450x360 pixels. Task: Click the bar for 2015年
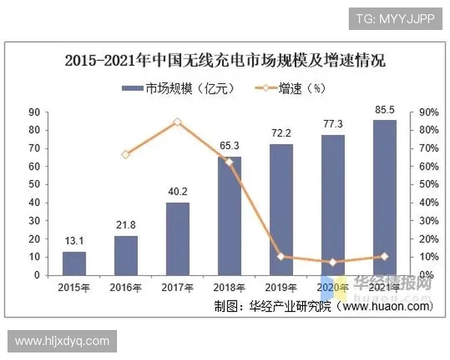click(x=73, y=263)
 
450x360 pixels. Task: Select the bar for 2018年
click(x=229, y=216)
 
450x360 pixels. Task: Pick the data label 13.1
click(x=73, y=240)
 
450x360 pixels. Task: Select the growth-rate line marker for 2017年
click(x=177, y=121)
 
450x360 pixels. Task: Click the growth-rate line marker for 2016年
click(x=125, y=154)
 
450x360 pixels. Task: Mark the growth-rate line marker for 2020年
click(x=333, y=262)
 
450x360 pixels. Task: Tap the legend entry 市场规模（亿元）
click(x=179, y=88)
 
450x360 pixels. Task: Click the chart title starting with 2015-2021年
click(x=225, y=61)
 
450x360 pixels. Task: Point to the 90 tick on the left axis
click(x=34, y=112)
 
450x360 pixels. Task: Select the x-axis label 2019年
click(x=281, y=287)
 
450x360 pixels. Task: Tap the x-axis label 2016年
click(x=125, y=287)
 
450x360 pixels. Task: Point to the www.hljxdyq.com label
click(x=62, y=341)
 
